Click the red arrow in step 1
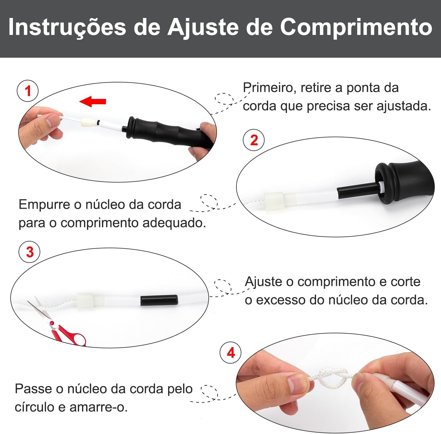tap(93, 101)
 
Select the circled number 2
tap(254, 140)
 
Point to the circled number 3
tap(30, 252)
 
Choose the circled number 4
tap(231, 352)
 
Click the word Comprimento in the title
tap(356, 27)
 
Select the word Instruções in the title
tap(67, 27)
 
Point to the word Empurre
tap(44, 204)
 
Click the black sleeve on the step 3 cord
tap(159, 300)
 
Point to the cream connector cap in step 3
tap(87, 301)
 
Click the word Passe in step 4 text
tap(35, 389)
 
